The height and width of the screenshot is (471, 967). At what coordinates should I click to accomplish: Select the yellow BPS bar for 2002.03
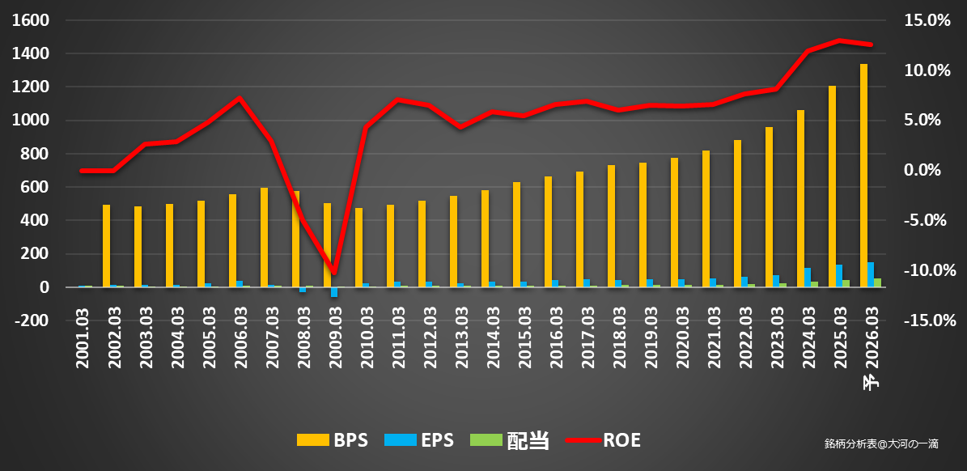click(x=106, y=246)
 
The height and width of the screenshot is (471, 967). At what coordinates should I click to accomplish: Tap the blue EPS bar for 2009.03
click(x=334, y=292)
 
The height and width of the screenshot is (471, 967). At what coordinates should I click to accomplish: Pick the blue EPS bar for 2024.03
click(x=808, y=278)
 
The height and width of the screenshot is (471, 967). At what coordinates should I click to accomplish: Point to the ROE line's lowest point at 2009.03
click(x=333, y=272)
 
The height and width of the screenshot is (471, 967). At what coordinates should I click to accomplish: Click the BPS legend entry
click(x=333, y=440)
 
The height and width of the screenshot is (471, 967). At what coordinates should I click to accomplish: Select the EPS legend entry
click(x=418, y=440)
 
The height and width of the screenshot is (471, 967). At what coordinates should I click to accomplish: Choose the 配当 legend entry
click(x=510, y=440)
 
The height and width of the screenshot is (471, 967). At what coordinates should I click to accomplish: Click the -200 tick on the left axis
click(x=30, y=320)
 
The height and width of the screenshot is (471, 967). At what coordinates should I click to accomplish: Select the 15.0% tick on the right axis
click(x=927, y=21)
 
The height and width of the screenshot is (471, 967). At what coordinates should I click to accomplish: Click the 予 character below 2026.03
click(x=871, y=383)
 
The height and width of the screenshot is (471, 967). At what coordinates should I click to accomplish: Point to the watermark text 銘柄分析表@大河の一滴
click(x=881, y=443)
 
